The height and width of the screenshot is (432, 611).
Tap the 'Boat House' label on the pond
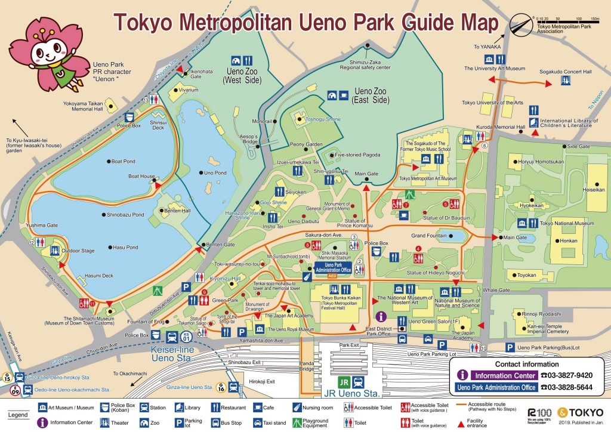click(x=141, y=177)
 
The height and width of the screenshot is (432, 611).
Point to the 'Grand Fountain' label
click(x=430, y=236)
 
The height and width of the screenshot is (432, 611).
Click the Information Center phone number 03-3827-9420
click(x=566, y=375)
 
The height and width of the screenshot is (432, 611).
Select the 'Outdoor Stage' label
click(x=78, y=251)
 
